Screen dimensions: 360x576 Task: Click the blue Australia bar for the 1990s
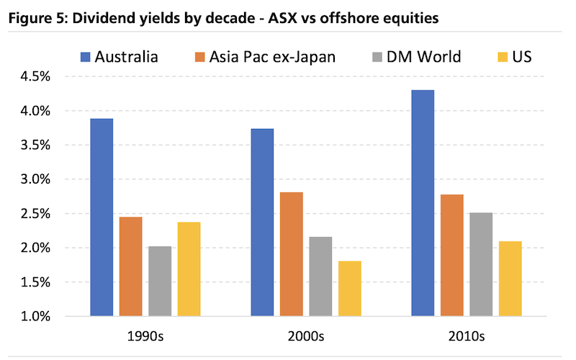click(102, 217)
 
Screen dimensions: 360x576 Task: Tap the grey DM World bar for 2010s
click(481, 264)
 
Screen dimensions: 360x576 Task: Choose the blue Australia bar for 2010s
click(423, 202)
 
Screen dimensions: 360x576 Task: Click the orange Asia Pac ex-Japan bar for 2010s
click(451, 255)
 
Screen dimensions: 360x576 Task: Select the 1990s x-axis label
click(145, 336)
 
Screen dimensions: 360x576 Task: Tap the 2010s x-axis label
click(467, 336)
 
